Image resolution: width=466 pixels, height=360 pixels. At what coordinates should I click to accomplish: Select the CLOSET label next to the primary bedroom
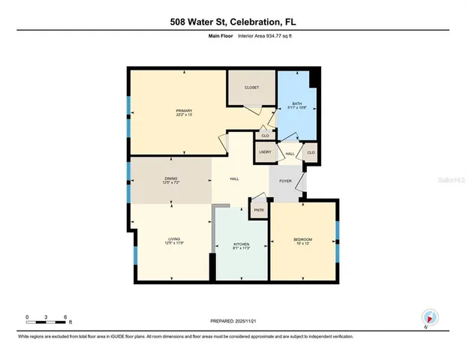click(x=251, y=88)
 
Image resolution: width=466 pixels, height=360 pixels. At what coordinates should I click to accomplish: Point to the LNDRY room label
click(x=264, y=152)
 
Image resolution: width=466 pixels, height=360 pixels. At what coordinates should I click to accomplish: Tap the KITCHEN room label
click(x=241, y=245)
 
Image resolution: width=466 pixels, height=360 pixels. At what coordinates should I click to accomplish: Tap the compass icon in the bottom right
click(x=429, y=317)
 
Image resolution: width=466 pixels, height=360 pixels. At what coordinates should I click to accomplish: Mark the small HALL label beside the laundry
click(x=289, y=154)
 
